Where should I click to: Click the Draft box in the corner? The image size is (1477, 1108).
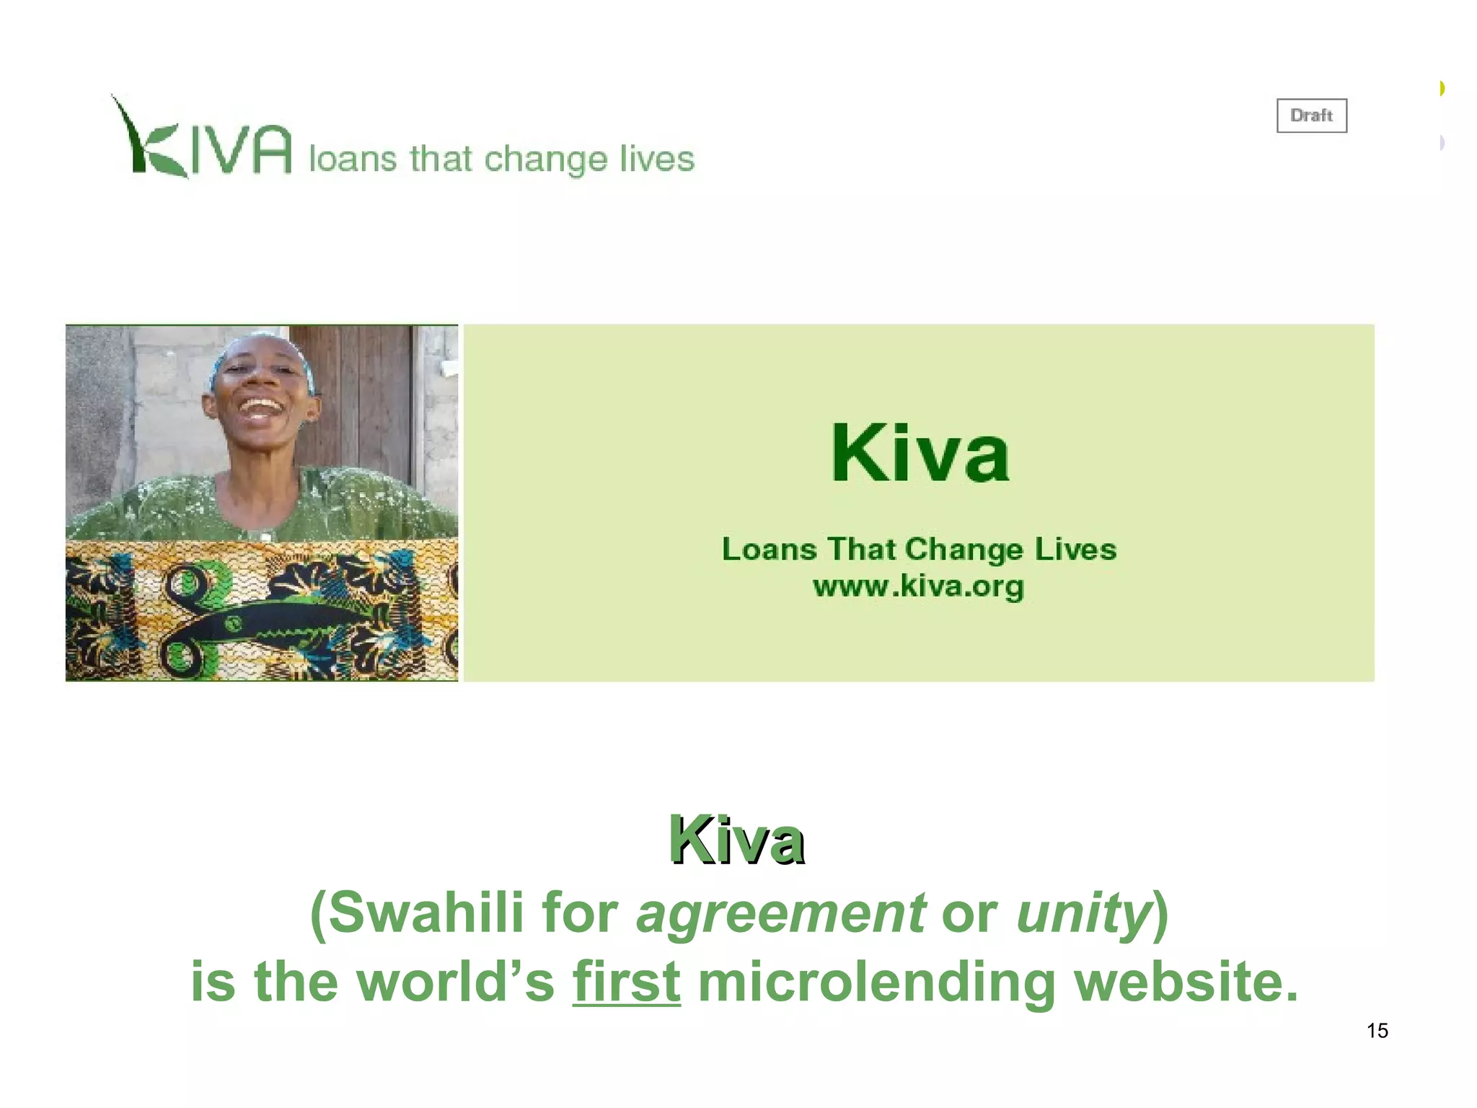[x=1311, y=115]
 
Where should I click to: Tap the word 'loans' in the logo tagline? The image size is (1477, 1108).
[x=353, y=158]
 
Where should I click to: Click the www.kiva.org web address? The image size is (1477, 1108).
[x=918, y=586]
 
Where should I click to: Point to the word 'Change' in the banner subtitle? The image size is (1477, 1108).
[x=964, y=550]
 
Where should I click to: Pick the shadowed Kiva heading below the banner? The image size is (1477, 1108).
[x=736, y=840]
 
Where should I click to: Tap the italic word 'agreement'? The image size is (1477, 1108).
[x=780, y=913]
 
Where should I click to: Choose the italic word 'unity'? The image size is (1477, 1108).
[x=1082, y=913]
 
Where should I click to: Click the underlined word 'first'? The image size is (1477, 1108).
[x=626, y=982]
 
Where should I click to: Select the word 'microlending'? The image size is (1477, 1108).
[x=876, y=982]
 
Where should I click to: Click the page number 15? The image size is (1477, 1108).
[x=1377, y=1031]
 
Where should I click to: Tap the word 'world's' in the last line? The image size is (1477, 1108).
[x=455, y=982]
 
